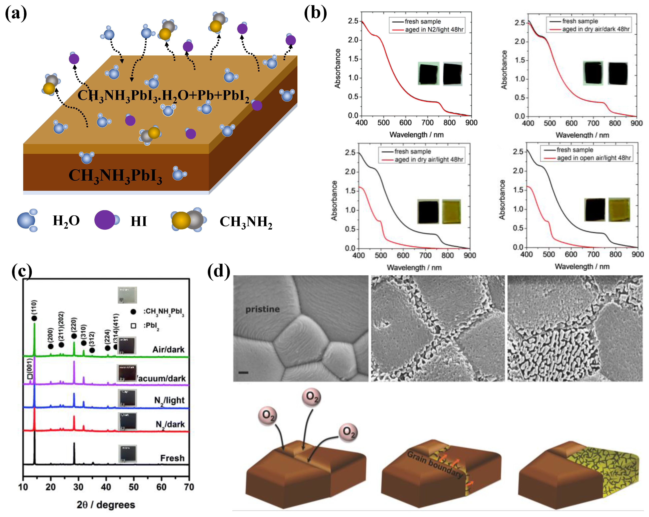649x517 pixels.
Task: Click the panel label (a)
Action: coord(16,14)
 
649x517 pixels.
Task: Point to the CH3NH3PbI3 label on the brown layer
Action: coord(115,175)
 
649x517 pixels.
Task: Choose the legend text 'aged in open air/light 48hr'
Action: coord(594,158)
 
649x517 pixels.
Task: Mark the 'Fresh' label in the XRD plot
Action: coord(172,458)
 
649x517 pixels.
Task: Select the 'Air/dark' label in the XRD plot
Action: coord(168,349)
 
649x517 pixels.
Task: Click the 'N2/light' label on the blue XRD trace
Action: coord(169,401)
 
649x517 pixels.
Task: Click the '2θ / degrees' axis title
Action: coord(106,505)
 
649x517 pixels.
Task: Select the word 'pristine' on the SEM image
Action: coord(263,309)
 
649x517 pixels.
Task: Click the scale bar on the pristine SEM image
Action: coord(243,373)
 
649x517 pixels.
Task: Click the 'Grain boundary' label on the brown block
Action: coord(435,464)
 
